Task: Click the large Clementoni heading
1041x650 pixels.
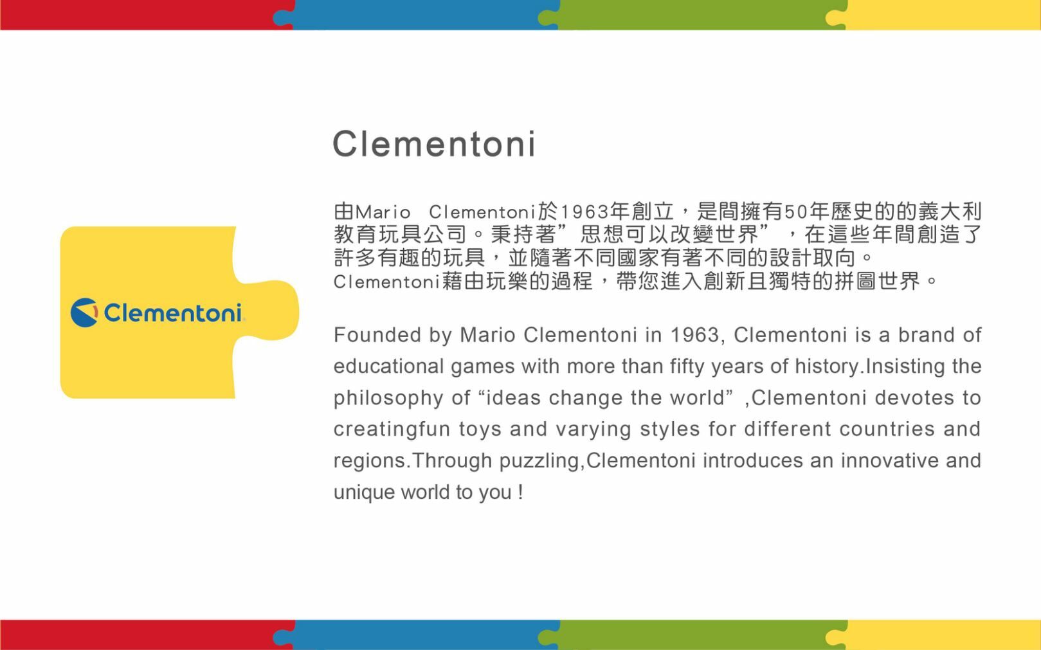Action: point(434,143)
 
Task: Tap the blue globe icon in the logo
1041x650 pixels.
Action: point(84,312)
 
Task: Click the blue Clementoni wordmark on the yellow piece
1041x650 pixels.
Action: point(173,312)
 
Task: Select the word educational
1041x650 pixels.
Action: point(388,366)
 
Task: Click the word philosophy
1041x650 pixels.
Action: point(388,399)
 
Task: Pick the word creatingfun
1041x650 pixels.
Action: point(392,429)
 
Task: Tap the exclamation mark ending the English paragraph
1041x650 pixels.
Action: point(521,492)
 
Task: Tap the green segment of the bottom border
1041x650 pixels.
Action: point(697,635)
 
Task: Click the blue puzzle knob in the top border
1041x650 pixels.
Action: point(282,18)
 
